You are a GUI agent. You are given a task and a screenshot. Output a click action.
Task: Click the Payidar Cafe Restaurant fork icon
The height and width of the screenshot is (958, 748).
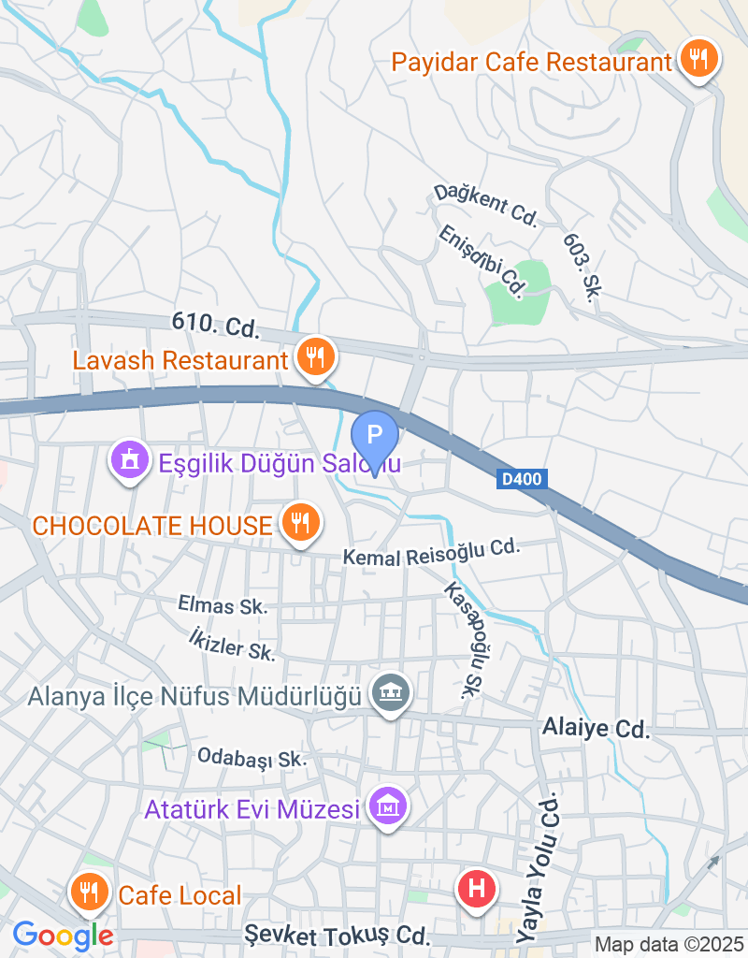click(698, 60)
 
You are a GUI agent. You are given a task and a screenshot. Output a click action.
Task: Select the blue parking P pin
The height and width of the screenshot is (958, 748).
click(374, 435)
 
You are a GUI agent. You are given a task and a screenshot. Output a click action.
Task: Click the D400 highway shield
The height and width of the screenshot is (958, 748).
click(521, 479)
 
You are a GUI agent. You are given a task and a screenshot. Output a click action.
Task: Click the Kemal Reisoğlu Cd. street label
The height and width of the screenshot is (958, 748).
click(430, 553)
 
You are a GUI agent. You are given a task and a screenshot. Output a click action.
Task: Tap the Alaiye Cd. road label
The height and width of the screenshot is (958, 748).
click(597, 728)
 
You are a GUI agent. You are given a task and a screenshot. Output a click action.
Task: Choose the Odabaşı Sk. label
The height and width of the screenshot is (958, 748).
click(252, 757)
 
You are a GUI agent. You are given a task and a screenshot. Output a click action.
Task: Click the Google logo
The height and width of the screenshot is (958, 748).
click(63, 934)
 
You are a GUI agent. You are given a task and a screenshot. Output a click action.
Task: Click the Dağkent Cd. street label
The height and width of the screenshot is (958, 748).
click(485, 206)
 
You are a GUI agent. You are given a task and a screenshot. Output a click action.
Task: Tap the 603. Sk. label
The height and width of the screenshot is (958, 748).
click(581, 267)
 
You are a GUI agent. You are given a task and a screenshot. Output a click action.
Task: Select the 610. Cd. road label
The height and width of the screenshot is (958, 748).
click(214, 326)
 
